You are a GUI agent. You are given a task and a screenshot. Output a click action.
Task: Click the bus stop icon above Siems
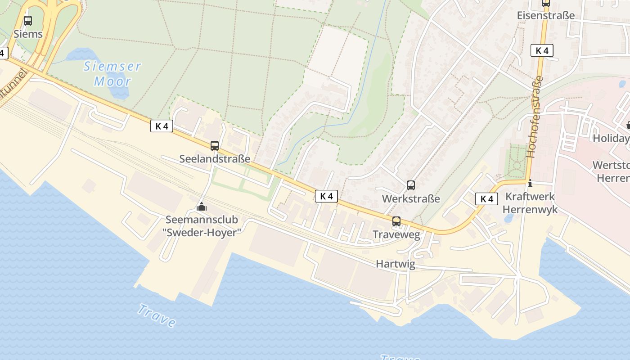click(28, 21)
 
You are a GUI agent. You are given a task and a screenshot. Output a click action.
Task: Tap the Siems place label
click(28, 34)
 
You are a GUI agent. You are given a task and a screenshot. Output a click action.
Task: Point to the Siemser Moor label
click(112, 74)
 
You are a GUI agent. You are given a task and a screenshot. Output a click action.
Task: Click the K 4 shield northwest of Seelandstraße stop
click(162, 126)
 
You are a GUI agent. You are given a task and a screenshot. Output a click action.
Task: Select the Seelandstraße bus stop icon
click(215, 146)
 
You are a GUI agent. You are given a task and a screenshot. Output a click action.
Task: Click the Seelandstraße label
click(215, 159)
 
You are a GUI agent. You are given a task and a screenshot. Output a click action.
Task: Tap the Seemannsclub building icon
click(202, 207)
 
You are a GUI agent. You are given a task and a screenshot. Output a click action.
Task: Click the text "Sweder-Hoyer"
click(202, 232)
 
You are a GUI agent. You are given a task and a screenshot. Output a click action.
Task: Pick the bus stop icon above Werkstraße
click(411, 185)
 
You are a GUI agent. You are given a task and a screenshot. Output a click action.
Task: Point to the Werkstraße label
click(411, 198)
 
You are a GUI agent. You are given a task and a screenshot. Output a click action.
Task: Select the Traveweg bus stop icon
click(396, 221)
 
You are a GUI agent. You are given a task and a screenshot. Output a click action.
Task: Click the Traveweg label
click(396, 234)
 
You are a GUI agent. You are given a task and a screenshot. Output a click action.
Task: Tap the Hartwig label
click(396, 264)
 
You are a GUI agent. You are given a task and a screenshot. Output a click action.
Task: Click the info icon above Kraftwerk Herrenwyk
click(530, 183)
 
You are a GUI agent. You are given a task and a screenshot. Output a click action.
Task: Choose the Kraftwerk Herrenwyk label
click(530, 203)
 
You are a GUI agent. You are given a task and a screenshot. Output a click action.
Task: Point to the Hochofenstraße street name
click(535, 117)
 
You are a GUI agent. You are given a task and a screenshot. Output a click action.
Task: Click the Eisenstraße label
click(546, 15)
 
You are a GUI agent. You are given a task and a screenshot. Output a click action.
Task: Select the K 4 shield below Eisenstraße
click(542, 50)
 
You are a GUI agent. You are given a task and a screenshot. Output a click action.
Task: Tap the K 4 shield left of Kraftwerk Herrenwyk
click(487, 199)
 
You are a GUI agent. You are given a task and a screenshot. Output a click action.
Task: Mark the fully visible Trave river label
click(156, 315)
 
